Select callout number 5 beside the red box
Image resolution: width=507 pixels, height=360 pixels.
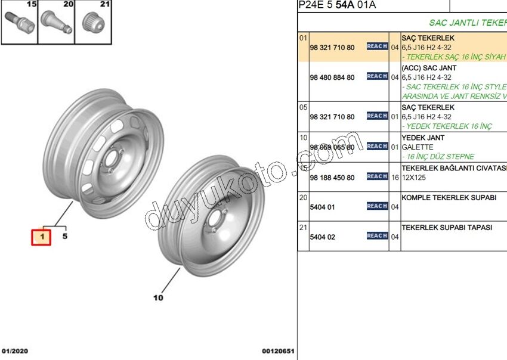coord(65,237)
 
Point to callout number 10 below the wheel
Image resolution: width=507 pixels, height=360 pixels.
coord(158,297)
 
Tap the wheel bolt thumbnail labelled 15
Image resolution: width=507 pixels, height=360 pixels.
coord(19,24)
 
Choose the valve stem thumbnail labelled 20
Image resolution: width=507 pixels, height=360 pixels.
coord(57,24)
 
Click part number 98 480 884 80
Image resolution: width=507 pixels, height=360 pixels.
coord(332,77)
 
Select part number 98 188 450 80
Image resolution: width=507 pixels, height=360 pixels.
coord(332,178)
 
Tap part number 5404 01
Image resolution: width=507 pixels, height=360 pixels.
coord(323,207)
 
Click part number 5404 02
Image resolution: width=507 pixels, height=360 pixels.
coord(323,237)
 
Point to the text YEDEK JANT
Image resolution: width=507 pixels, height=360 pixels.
coord(423,138)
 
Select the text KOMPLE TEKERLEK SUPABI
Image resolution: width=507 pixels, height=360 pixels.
coord(449,197)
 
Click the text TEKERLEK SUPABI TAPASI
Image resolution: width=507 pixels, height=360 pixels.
coord(446,227)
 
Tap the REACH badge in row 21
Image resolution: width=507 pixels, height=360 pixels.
coord(377,236)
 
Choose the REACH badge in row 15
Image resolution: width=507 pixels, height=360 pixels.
coord(377,176)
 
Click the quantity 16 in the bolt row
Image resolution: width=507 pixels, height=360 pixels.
coord(394,178)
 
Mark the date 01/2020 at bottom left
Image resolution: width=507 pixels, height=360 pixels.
coord(15,352)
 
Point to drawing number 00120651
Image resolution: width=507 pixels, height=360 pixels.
coord(278,352)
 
